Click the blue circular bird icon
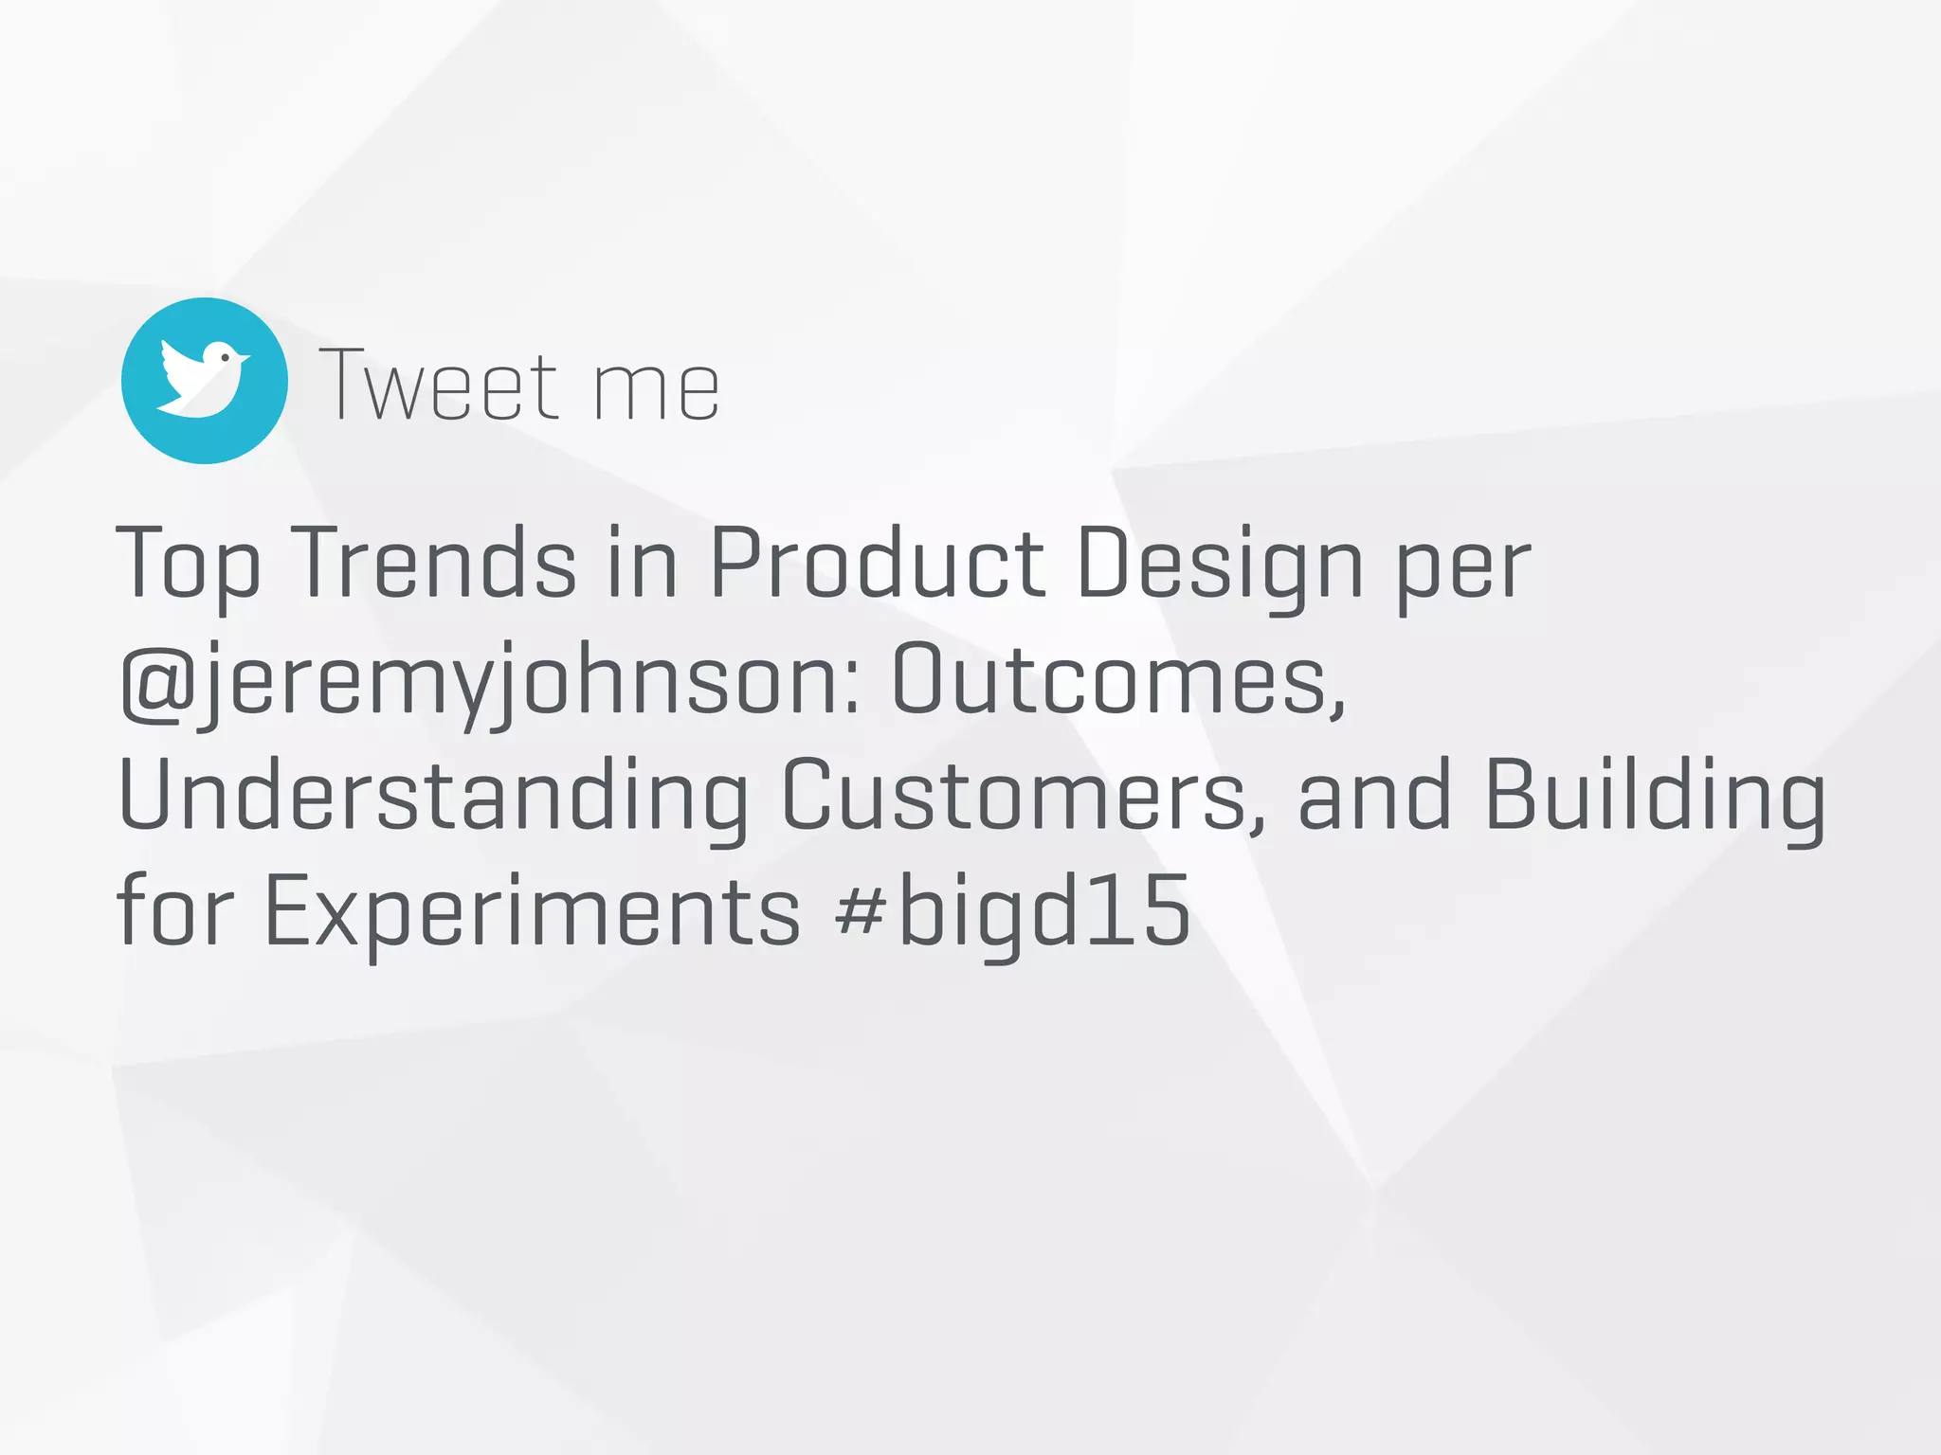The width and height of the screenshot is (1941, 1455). click(205, 381)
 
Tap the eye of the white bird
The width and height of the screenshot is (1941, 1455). click(225, 357)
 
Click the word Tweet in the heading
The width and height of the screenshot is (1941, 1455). click(439, 386)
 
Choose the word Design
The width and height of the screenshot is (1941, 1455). click(1220, 566)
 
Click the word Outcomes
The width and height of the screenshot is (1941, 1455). click(1118, 678)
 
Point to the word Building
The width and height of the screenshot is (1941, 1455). click(1654, 796)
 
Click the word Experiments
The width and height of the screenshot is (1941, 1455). click(533, 911)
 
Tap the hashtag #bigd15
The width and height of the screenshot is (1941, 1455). click(1012, 911)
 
